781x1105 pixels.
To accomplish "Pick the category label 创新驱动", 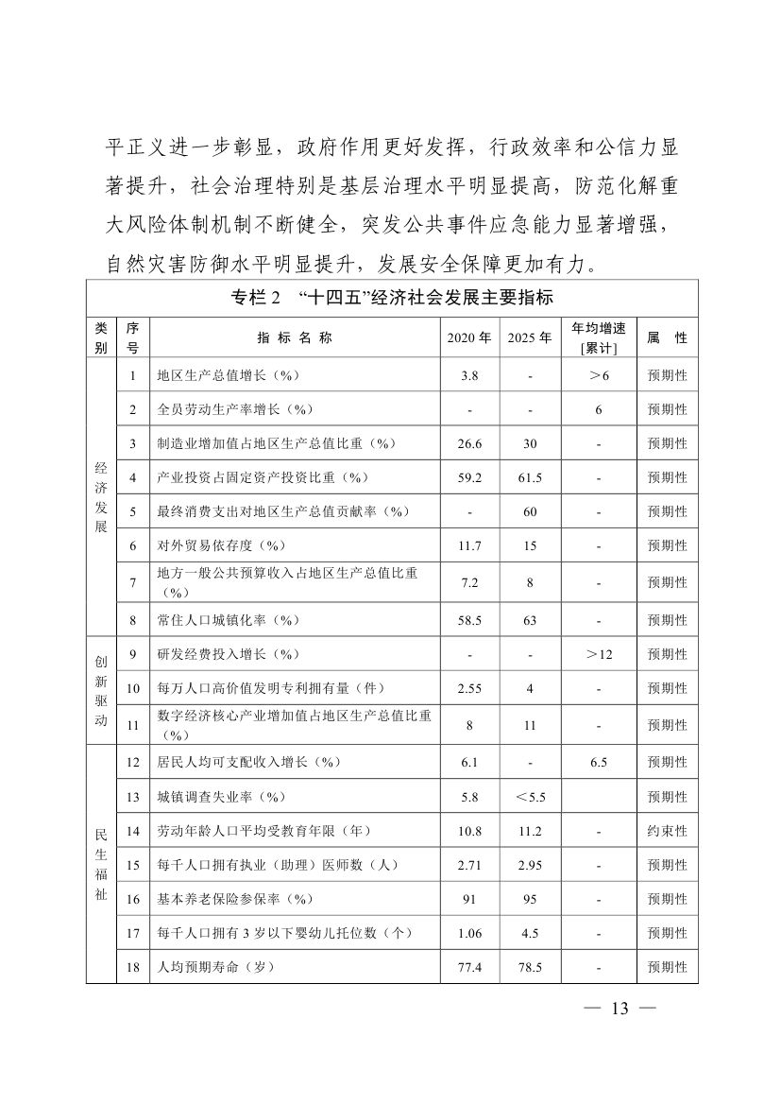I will (101, 689).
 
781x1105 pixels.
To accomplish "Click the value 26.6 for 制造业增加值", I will (469, 443).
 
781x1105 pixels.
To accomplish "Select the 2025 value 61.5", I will (530, 478).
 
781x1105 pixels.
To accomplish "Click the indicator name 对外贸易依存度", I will (221, 546).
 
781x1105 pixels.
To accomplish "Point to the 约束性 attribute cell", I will (667, 831).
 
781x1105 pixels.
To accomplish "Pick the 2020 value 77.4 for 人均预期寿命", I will (469, 967).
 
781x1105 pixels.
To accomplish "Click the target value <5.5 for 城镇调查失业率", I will (530, 797).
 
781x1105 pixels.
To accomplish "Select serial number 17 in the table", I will (133, 933).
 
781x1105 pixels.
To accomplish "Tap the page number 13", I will (620, 1009).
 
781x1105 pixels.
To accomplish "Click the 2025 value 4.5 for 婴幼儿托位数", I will (530, 933).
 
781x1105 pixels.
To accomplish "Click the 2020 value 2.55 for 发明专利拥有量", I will (469, 689).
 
